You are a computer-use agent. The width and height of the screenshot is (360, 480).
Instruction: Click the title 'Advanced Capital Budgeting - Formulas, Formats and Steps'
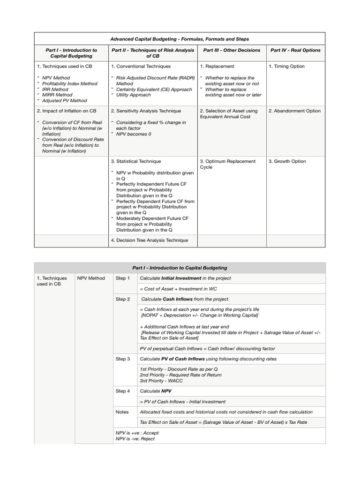[180, 39]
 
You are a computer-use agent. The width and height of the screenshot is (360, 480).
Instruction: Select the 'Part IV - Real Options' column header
[295, 50]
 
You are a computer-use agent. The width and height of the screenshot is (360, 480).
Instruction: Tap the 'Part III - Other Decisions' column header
[232, 50]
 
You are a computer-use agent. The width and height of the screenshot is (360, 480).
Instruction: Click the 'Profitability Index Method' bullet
[70, 83]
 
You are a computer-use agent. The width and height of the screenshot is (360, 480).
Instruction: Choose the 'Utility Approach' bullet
[134, 95]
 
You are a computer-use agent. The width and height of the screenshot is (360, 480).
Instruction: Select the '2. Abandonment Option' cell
[294, 111]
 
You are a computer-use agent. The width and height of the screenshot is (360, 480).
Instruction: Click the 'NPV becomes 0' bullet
[133, 134]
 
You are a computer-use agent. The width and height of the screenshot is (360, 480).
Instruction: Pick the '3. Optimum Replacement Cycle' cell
[228, 164]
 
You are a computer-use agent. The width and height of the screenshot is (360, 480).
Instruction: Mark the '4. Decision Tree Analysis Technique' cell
[150, 240]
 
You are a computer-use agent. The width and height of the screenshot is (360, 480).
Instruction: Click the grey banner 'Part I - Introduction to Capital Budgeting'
[180, 268]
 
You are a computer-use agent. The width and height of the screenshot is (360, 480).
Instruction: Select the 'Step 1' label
[123, 278]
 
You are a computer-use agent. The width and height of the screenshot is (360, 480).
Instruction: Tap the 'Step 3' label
[123, 359]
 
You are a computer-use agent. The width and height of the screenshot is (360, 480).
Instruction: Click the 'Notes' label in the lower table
[122, 412]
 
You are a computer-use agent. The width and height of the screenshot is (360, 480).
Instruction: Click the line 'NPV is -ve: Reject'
[135, 439]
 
